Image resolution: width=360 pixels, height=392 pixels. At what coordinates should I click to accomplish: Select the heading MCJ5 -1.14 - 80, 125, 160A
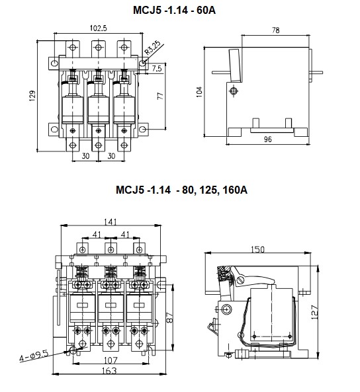click(180, 190)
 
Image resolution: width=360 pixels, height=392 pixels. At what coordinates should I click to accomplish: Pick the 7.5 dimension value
click(156, 68)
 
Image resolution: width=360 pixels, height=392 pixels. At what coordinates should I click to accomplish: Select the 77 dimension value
click(160, 97)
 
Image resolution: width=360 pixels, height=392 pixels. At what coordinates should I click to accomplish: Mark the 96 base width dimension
click(268, 139)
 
